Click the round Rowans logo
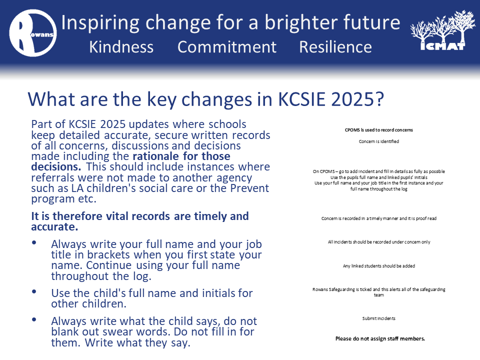[x=33, y=33]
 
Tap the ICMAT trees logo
[x=443, y=30]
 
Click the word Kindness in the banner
[x=121, y=47]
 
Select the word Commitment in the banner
[x=227, y=47]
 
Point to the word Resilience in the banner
[x=335, y=47]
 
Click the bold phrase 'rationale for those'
[x=181, y=156]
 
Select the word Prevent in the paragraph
[x=249, y=188]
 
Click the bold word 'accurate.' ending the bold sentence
[x=54, y=227]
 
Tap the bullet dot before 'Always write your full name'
[x=34, y=243]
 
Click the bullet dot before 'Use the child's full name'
[x=34, y=291]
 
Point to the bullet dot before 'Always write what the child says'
[x=34, y=319]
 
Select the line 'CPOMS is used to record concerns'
[x=378, y=130]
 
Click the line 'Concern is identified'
[x=378, y=141]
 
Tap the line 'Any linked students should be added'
[x=378, y=265]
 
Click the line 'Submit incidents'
[x=378, y=318]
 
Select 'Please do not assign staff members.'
[x=380, y=338]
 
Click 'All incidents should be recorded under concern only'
[x=378, y=242]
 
